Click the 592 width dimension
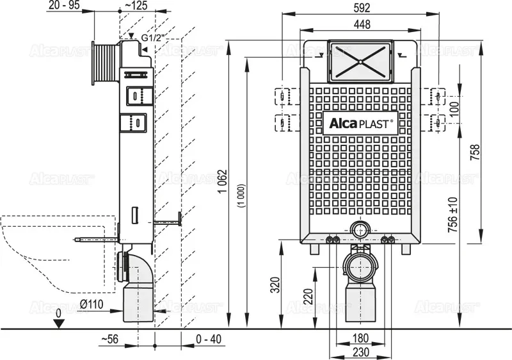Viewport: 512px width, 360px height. click(360, 8)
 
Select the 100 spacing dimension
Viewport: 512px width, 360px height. click(454, 108)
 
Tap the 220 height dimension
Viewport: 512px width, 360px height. click(308, 296)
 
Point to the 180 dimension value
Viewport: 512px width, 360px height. click(361, 338)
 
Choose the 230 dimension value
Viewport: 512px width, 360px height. click(361, 352)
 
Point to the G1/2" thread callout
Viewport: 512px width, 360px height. click(154, 38)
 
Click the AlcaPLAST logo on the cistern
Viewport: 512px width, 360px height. click(361, 123)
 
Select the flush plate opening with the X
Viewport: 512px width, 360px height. click(361, 62)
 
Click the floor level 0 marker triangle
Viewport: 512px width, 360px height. click(59, 323)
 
